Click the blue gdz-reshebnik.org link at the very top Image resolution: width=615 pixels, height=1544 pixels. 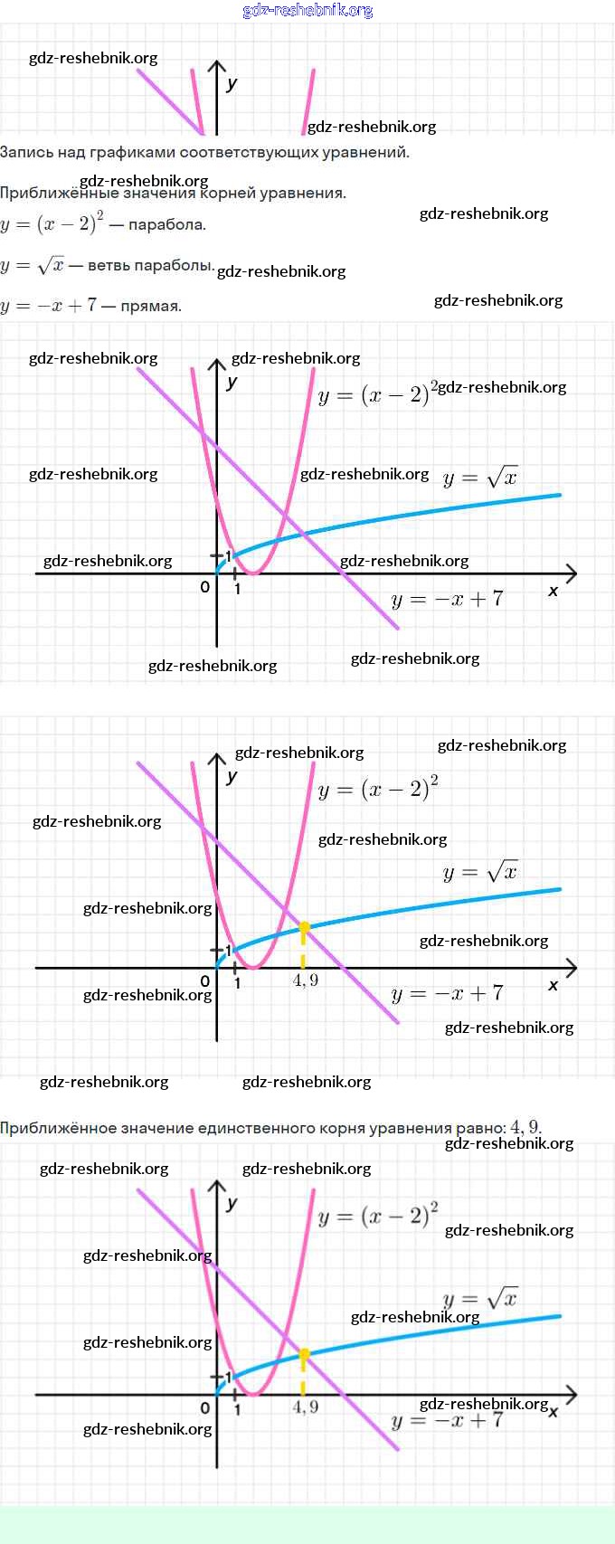tap(307, 11)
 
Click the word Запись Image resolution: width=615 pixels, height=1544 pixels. tap(25, 152)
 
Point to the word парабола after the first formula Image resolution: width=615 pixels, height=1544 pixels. tap(166, 224)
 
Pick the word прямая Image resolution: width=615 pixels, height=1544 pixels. tap(151, 306)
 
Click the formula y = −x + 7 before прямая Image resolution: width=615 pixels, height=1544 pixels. tap(48, 306)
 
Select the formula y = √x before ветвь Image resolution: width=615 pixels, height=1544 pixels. tap(33, 266)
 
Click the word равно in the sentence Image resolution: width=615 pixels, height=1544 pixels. tap(481, 1128)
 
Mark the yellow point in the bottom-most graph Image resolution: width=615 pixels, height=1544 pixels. tap(304, 1354)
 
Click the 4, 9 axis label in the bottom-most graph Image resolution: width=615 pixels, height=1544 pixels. tap(306, 1407)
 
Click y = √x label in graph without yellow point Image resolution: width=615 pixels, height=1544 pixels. tap(479, 478)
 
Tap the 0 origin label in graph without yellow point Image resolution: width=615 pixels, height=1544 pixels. tap(205, 587)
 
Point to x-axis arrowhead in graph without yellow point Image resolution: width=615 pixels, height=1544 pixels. tap(570, 573)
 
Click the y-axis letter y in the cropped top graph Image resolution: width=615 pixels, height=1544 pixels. tap(232, 84)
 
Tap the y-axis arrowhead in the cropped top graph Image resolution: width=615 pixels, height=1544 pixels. tap(216, 66)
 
